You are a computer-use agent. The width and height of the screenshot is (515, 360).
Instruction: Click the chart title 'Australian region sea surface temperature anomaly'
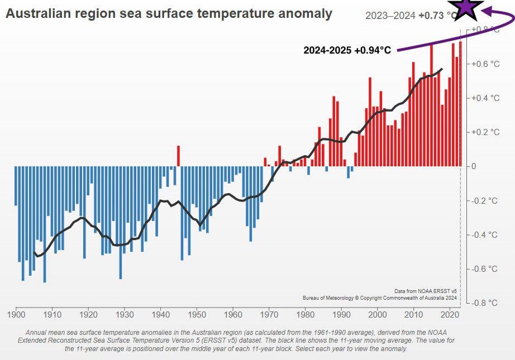tap(169, 13)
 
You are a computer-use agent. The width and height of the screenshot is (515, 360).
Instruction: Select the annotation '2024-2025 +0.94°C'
tap(347, 50)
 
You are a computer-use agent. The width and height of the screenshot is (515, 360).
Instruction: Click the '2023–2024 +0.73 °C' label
tap(411, 16)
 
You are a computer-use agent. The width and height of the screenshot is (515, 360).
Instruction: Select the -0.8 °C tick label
tap(484, 303)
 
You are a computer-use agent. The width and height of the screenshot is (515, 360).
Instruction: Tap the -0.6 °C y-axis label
tap(484, 268)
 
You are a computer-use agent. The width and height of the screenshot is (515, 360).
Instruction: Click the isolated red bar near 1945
tap(178, 156)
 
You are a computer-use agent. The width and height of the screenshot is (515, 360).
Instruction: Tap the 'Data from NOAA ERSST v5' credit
tap(426, 291)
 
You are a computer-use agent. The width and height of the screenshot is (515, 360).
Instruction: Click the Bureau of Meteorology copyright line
tap(380, 298)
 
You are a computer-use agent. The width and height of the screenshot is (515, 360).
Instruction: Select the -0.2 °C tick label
tap(484, 200)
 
